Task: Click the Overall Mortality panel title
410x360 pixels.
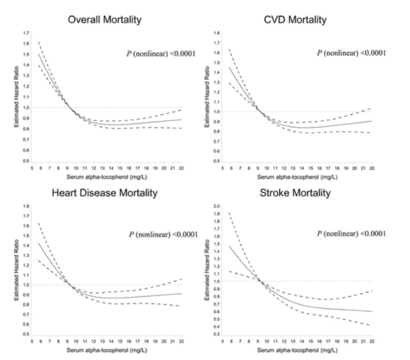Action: point(105,19)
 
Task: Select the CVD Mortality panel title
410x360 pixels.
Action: point(295,19)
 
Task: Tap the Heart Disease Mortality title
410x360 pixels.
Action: point(105,193)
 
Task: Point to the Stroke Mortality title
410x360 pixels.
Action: point(295,193)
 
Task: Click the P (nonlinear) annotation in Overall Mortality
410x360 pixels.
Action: point(161,54)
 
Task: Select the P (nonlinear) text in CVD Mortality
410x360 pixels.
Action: point(351,53)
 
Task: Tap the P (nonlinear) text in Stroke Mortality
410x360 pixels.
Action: point(351,234)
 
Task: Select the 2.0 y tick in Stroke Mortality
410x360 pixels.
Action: point(218,206)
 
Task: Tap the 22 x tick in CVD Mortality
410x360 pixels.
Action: point(372,168)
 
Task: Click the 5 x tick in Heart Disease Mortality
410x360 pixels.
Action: point(32,341)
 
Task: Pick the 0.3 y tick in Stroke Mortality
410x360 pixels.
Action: point(218,335)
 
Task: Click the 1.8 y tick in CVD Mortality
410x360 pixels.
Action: point(218,33)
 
